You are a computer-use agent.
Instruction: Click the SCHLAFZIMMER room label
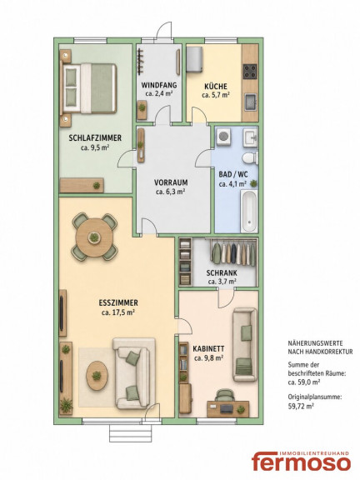pos(95,137)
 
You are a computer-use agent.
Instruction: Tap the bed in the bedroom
pos(89,88)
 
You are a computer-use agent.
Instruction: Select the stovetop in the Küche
pos(250,71)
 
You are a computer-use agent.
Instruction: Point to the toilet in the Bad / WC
pos(250,158)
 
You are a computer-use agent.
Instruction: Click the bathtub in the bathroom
pos(249,211)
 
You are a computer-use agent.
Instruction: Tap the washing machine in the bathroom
pos(224,137)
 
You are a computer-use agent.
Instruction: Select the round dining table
pos(94,237)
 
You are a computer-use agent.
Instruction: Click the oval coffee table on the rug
pos(97,375)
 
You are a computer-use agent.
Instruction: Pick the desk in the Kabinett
pos(228,408)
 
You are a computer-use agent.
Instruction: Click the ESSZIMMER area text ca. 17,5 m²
pos(118,312)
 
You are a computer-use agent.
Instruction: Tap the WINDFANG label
pos(159,85)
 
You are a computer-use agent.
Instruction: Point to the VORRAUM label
pos(171,182)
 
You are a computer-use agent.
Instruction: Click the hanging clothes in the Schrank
pos(233,252)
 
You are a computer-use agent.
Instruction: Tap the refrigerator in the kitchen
pos(194,60)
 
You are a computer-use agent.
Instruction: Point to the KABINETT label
pos(208,348)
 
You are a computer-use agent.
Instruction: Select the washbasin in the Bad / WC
pos(251,137)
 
